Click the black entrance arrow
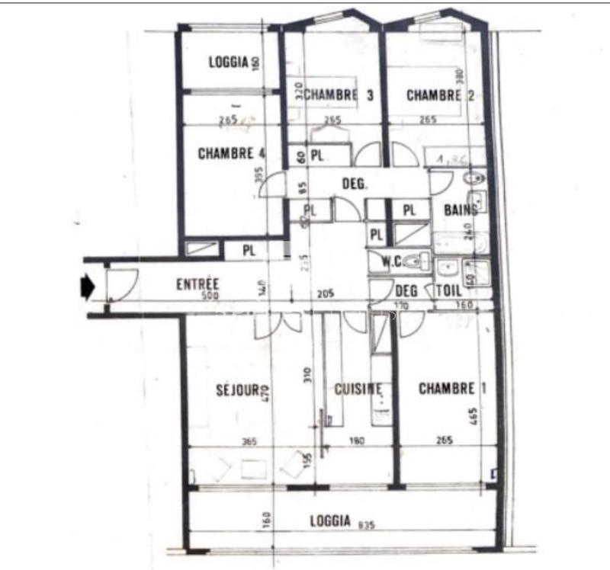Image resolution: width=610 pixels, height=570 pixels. pyautogui.click(x=87, y=287)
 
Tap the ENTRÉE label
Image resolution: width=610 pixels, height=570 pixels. pyautogui.click(x=197, y=283)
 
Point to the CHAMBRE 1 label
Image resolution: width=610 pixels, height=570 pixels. pyautogui.click(x=452, y=389)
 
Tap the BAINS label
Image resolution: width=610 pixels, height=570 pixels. pyautogui.click(x=461, y=210)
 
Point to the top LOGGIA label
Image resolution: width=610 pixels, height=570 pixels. pyautogui.click(x=229, y=62)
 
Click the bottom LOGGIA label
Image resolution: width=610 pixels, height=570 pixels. pyautogui.click(x=330, y=521)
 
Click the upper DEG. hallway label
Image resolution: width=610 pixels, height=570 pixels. pyautogui.click(x=355, y=184)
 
